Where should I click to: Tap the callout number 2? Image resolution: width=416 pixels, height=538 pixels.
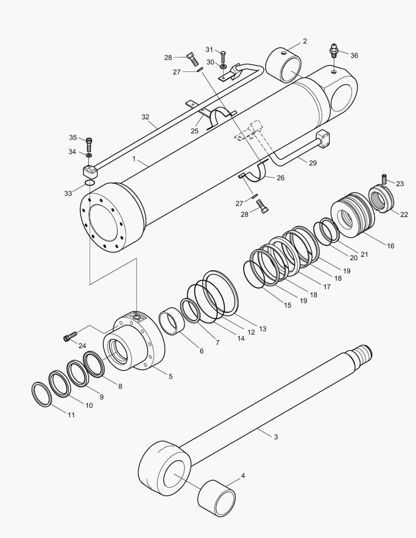304,41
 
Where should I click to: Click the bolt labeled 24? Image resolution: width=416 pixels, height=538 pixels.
69,338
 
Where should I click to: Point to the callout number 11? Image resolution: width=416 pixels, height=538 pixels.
71,414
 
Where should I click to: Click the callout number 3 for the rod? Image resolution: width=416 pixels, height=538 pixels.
276,437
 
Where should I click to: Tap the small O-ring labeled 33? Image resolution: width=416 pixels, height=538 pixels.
90,183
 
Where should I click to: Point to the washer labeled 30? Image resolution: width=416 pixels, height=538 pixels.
223,66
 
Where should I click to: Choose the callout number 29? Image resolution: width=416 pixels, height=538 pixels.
312,163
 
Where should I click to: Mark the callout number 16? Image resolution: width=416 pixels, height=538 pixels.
390,246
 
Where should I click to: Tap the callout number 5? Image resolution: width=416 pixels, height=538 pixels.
170,377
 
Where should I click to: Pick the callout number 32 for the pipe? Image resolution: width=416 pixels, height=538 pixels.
145,117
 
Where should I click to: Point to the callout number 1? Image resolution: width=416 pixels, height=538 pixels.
134,158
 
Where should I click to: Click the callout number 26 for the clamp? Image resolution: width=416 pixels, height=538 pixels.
280,177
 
